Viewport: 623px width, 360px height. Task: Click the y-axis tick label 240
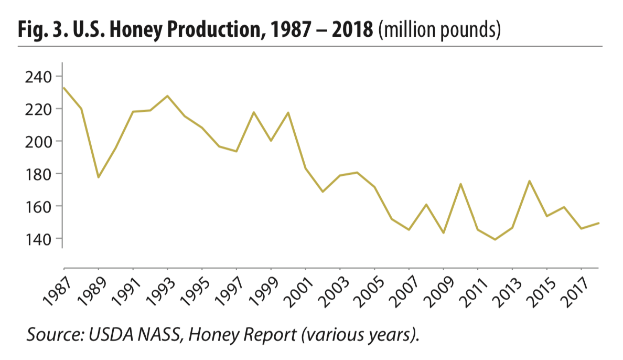(x=38, y=77)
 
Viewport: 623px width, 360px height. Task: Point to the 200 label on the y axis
(x=38, y=141)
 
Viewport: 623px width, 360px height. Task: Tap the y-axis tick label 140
(x=38, y=238)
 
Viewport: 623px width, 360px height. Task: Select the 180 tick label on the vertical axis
(x=38, y=174)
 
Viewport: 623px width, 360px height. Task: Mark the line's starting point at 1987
(x=64, y=88)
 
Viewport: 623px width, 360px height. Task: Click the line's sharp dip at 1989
(x=98, y=177)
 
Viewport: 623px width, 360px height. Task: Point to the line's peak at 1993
(x=167, y=96)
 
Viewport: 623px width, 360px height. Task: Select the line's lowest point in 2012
(x=495, y=239)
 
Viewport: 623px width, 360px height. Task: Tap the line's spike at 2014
(x=529, y=181)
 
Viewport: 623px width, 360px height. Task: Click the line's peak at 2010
(x=460, y=184)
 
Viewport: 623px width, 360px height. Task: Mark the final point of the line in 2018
(x=598, y=223)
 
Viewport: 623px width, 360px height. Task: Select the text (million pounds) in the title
(x=439, y=30)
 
